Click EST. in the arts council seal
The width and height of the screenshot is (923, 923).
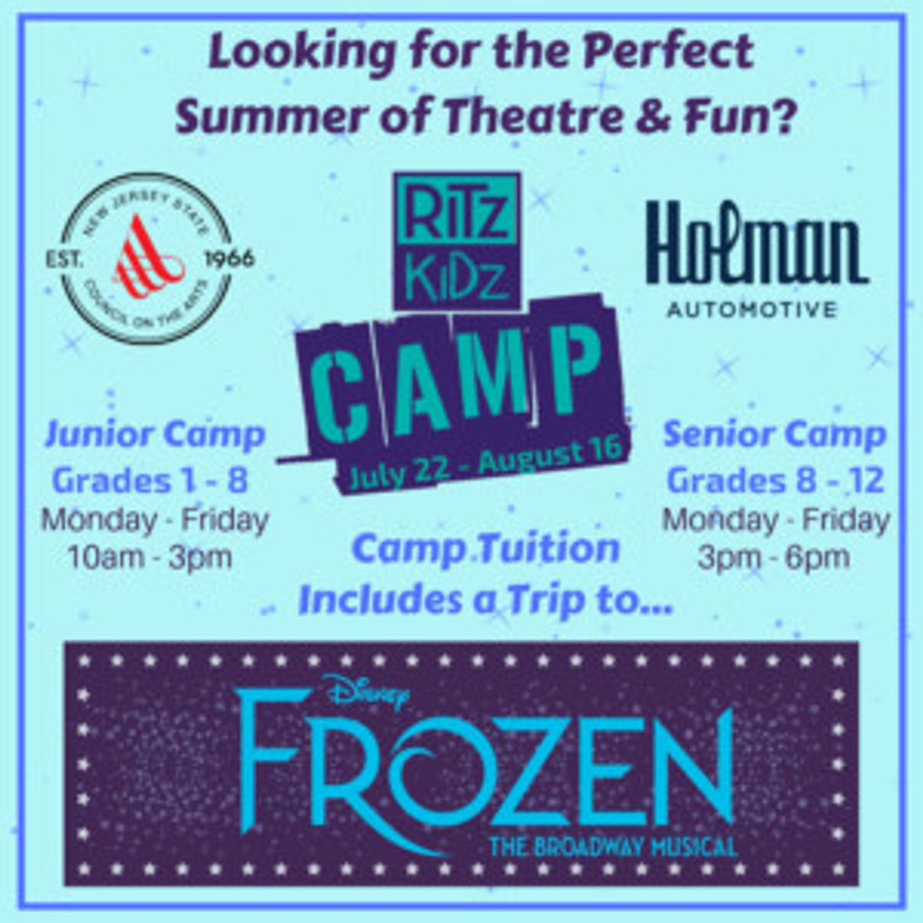(65, 258)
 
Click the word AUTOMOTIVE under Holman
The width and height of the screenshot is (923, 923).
(750, 309)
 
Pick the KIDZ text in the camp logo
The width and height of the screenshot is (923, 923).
(456, 277)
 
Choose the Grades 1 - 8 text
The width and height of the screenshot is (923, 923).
(150, 481)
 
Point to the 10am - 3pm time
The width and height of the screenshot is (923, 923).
(150, 558)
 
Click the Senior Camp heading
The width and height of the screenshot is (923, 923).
(775, 435)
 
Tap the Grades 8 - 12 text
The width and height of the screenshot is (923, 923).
(775, 481)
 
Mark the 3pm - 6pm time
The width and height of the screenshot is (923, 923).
(775, 558)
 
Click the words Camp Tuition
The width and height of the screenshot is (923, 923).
(485, 549)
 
